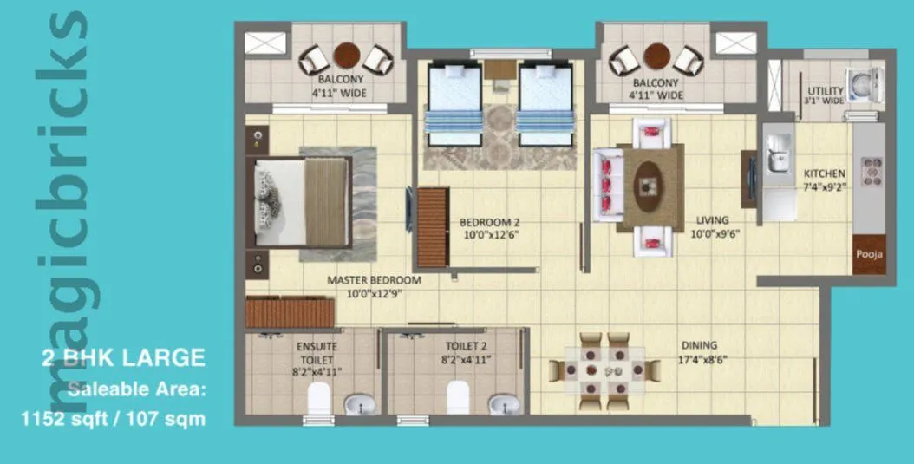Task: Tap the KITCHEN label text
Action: (x=825, y=173)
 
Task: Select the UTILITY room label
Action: (x=825, y=90)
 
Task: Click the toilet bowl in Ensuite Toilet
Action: (x=319, y=399)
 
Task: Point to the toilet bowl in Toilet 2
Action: (x=458, y=399)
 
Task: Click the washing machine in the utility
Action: (x=865, y=84)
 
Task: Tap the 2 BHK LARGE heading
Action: (x=123, y=356)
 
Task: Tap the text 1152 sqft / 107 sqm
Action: (x=113, y=419)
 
